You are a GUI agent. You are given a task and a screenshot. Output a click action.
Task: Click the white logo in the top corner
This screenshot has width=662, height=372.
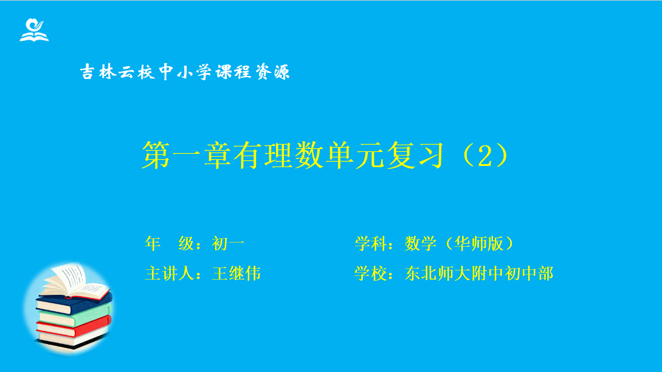coord(34,30)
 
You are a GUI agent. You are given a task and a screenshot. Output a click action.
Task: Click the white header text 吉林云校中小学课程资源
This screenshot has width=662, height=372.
coord(185,72)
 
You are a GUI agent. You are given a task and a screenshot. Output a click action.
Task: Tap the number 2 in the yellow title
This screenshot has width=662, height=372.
coord(484,156)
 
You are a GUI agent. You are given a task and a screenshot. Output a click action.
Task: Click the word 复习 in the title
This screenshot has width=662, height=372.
coord(415,156)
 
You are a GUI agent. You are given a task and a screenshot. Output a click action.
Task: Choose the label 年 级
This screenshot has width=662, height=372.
coord(170,244)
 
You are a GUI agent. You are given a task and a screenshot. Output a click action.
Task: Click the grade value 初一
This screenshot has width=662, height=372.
coord(229,244)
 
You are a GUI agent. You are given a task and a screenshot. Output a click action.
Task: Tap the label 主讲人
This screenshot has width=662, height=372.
coord(170,274)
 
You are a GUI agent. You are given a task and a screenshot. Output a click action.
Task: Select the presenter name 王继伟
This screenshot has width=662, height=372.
coord(236,274)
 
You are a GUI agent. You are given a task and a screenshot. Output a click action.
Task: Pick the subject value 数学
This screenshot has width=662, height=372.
coord(421,244)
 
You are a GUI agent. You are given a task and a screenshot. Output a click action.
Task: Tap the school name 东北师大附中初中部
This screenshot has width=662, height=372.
coord(479,274)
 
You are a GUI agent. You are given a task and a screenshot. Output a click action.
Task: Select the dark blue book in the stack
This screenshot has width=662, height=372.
coord(75,303)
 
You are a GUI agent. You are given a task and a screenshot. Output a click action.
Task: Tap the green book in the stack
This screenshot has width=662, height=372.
coord(75,316)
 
